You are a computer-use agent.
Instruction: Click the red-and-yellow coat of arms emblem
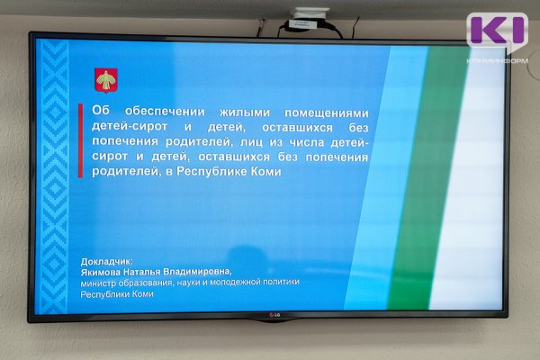click(105, 80)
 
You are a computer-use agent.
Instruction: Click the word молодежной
click(238, 283)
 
